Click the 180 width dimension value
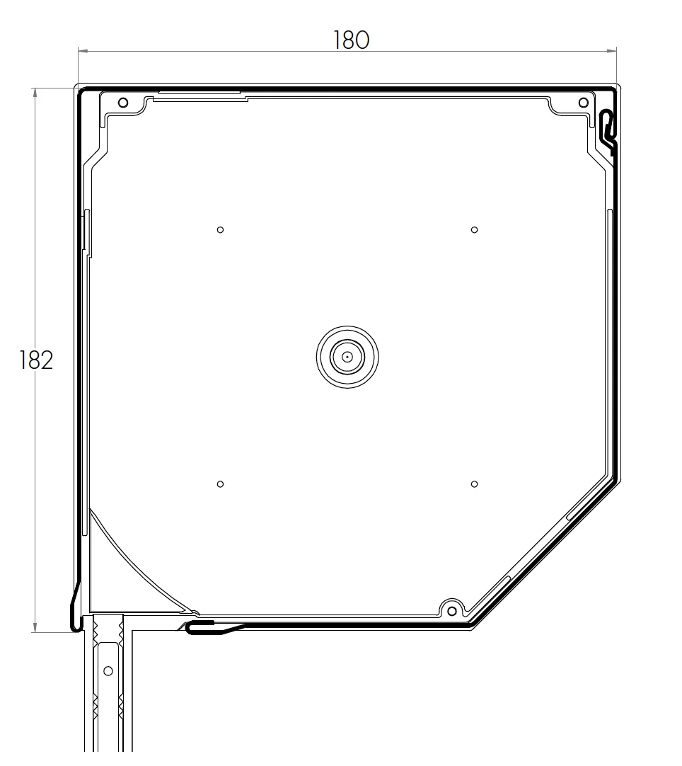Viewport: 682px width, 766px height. [x=351, y=40]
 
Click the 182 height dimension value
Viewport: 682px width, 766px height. [x=36, y=360]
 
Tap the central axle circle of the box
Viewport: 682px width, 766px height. [x=347, y=357]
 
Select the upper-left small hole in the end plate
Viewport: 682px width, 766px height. [x=221, y=229]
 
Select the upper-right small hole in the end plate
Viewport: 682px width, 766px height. [x=475, y=229]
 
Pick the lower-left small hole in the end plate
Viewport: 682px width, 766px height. [x=221, y=484]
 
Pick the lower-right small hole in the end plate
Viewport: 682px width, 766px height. [x=475, y=484]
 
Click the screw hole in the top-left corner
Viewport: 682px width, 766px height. [x=123, y=103]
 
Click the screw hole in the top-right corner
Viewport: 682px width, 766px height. [x=583, y=103]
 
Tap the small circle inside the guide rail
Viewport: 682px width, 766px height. [x=108, y=670]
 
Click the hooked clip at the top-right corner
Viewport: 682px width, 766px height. [x=607, y=127]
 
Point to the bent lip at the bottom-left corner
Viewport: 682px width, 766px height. [x=76, y=607]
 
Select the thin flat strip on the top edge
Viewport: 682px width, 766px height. [x=200, y=92]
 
